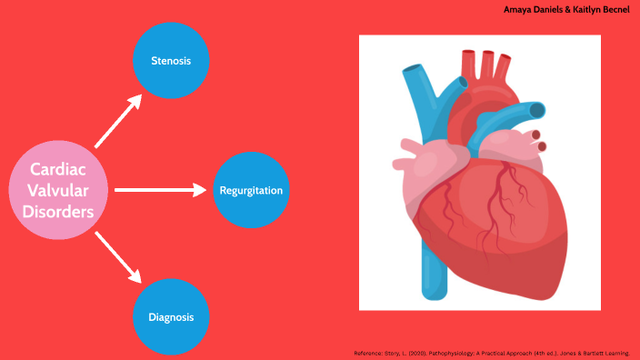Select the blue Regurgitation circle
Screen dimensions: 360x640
[251, 191]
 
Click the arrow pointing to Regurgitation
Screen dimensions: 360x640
[161, 190]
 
